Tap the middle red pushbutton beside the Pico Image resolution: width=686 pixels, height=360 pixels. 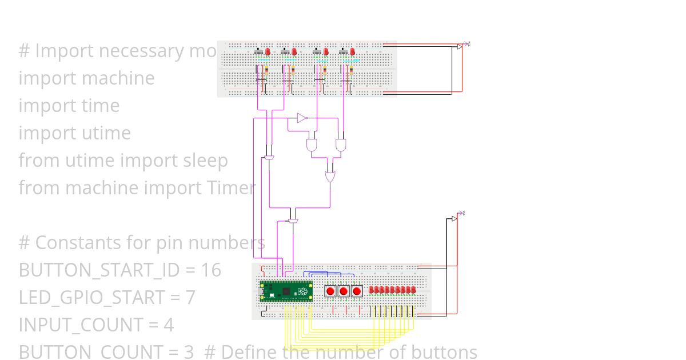(x=344, y=291)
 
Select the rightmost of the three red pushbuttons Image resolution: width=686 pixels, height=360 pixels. (x=357, y=291)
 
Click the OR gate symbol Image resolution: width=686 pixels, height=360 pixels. (x=330, y=176)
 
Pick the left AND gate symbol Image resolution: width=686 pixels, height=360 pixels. (x=312, y=144)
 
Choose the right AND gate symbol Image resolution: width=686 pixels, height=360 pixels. (x=341, y=144)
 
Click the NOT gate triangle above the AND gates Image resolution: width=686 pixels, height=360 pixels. (x=302, y=118)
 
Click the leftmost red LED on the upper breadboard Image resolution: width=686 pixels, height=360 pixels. (x=268, y=52)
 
